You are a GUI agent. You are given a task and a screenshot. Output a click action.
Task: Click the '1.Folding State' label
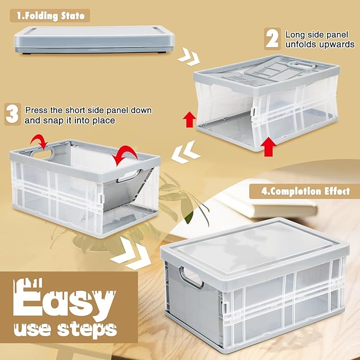[50, 15]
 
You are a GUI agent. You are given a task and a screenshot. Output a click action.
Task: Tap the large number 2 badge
[273, 39]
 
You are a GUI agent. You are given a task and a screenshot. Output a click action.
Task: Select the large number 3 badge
[13, 114]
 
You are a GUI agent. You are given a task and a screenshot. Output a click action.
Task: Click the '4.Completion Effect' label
[305, 191]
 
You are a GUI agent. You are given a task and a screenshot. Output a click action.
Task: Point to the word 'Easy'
[64, 300]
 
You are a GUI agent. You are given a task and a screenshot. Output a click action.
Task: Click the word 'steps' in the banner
[87, 329]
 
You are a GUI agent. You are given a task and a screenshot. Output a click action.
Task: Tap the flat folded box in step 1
[94, 40]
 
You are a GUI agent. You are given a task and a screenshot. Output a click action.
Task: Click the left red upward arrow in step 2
[189, 119]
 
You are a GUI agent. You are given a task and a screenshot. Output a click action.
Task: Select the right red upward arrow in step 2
[269, 148]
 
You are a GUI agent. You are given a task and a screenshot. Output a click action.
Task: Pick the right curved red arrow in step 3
[125, 153]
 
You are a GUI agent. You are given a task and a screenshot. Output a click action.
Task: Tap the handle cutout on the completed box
[191, 277]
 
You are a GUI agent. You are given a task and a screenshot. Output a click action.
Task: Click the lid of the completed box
[255, 250]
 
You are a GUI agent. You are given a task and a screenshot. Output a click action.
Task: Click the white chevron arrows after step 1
[189, 57]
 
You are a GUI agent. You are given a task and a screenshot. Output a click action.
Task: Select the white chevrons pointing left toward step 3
[186, 152]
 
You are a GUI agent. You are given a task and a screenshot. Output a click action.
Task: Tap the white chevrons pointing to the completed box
[130, 254]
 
